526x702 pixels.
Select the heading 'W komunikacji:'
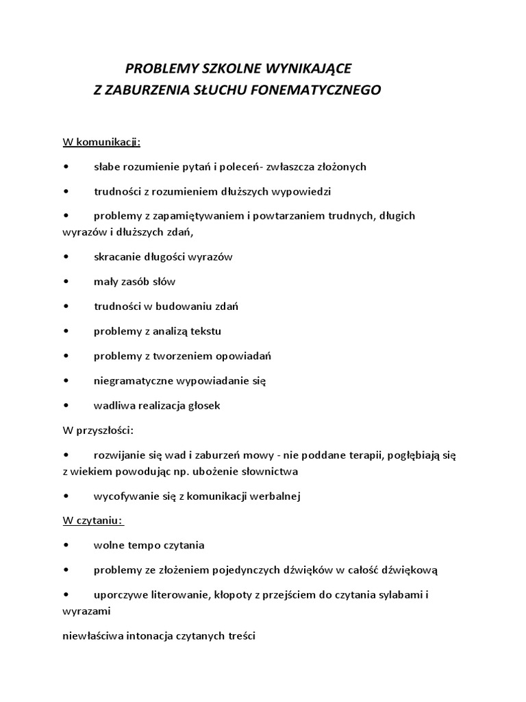[x=101, y=142]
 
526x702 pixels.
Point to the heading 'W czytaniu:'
[x=93, y=520]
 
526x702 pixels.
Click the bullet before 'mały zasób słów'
[x=65, y=282]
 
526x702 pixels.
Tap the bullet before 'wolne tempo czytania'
[x=65, y=545]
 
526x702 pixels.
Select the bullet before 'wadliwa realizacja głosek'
[x=65, y=405]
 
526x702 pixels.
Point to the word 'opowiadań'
[x=245, y=356]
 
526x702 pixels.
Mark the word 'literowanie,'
[x=177, y=594]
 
